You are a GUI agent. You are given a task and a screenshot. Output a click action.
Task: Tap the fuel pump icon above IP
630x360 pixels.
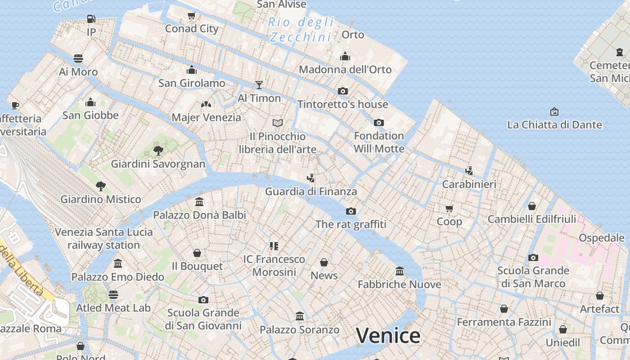[x=91, y=19]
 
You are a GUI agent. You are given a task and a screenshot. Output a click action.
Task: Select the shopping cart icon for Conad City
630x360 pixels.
[x=192, y=16]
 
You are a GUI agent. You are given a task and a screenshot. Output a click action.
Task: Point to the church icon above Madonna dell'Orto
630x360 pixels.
[x=345, y=56]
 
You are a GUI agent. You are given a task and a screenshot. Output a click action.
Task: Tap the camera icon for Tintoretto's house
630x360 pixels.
[x=343, y=91]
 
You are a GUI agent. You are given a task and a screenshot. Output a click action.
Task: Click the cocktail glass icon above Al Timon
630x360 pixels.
[x=259, y=85]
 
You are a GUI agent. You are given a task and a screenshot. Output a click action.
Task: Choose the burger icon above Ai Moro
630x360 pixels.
[x=78, y=58]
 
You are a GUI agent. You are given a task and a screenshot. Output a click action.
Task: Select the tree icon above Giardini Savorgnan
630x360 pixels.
[x=158, y=150]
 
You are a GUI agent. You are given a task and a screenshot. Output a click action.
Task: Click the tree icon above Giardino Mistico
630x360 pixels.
[x=101, y=186]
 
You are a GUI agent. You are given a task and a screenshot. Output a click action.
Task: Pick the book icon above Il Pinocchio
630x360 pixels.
[x=278, y=123]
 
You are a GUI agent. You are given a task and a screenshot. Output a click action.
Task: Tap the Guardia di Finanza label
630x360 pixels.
[x=311, y=191]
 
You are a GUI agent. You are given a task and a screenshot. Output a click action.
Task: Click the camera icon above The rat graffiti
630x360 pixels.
[x=351, y=211]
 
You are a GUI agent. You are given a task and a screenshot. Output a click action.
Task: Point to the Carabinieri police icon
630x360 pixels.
[x=469, y=171]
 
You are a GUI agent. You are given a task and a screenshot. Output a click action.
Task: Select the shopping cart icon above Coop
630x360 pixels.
[x=449, y=208]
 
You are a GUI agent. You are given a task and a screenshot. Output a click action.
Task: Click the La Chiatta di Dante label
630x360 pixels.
[x=554, y=125]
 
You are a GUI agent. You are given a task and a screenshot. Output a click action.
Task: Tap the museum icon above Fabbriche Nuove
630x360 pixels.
[x=400, y=271]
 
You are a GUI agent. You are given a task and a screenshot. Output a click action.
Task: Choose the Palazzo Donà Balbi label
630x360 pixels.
[x=200, y=215]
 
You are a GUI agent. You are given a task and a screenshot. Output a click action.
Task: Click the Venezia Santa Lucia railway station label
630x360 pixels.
[x=104, y=238]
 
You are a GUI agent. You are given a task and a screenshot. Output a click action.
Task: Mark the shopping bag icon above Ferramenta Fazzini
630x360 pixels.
[x=504, y=309]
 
